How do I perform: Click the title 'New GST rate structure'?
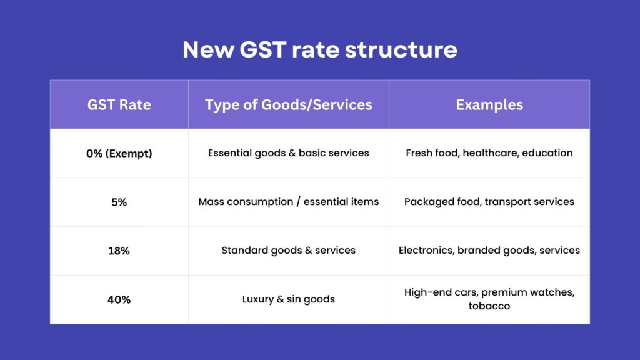pos(319,49)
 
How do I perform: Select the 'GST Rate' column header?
pos(119,104)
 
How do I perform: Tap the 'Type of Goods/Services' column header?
pos(288,104)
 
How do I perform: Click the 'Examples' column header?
pos(489,104)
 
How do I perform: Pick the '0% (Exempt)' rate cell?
pos(119,153)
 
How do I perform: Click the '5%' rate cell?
pos(119,202)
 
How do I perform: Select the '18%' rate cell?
pos(119,251)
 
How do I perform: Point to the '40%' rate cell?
pos(119,299)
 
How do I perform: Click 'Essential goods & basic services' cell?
pos(288,153)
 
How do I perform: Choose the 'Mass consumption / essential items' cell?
pos(288,202)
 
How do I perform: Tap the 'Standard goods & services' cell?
pos(288,251)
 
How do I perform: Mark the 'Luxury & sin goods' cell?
pos(288,299)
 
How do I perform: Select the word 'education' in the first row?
pos(548,153)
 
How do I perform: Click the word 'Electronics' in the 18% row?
pos(426,251)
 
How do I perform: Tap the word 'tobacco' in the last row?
pos(489,306)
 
